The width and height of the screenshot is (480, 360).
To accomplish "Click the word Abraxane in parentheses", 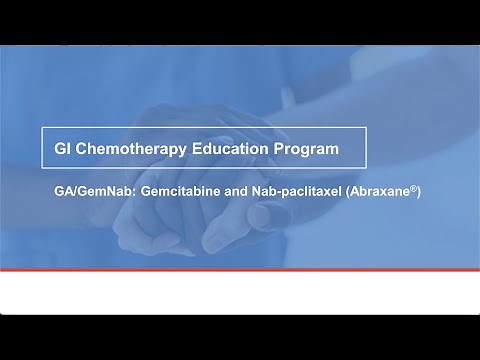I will click(379, 187).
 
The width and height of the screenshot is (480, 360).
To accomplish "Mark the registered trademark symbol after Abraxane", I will click(410, 182).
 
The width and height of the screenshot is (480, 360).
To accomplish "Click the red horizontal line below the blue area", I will click(240, 271).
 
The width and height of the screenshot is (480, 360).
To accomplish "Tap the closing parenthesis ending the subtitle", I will click(417, 187).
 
